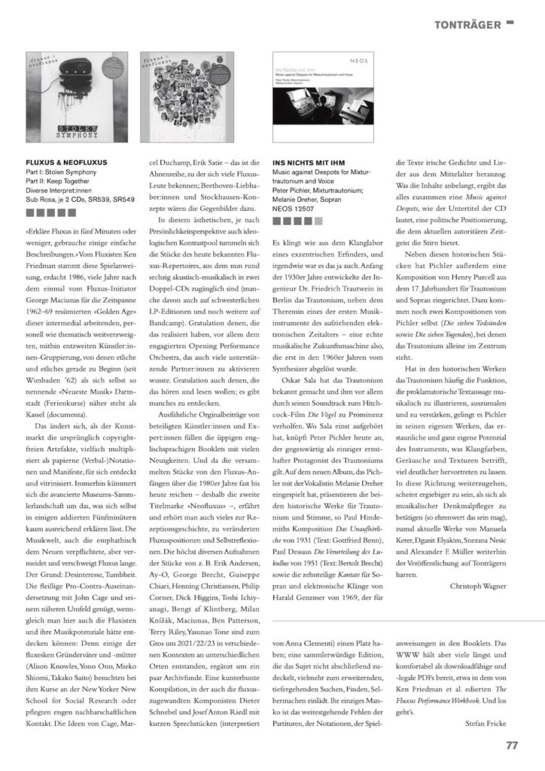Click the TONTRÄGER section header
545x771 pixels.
point(467,25)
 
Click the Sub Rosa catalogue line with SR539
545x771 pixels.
point(81,201)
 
